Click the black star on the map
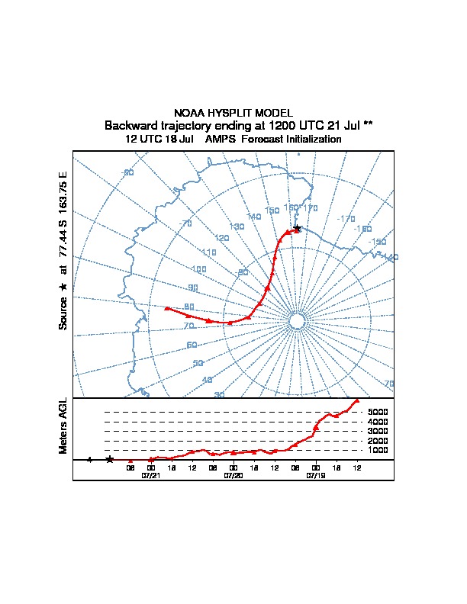tap(297, 228)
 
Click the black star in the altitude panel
tap(110, 459)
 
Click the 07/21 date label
tap(151, 474)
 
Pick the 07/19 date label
tap(315, 474)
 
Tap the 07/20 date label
tap(233, 474)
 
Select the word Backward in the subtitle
tap(130, 125)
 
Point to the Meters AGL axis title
tap(63, 426)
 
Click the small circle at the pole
tap(298, 321)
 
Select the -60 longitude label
tap(128, 172)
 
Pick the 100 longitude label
tap(199, 269)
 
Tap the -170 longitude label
tap(346, 219)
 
